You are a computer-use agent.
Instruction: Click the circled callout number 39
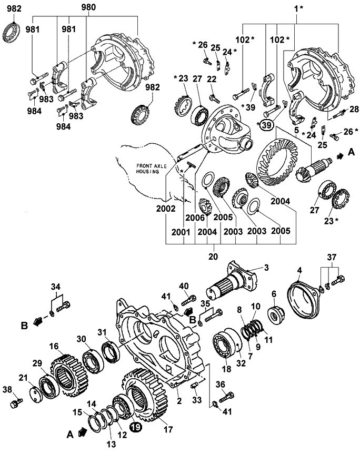pyautogui.click(x=267, y=125)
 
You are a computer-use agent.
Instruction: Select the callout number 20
pyautogui.click(x=213, y=256)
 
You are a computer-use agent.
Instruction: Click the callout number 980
pyautogui.click(x=88, y=7)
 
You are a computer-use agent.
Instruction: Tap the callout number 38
pyautogui.click(x=7, y=389)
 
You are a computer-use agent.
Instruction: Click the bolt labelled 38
pyautogui.click(x=16, y=403)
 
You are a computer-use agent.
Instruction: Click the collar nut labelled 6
pyautogui.click(x=276, y=316)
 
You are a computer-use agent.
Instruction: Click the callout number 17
pyautogui.click(x=168, y=429)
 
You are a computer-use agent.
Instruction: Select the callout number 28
pyautogui.click(x=354, y=109)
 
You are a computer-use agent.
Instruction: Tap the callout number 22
pyautogui.click(x=212, y=78)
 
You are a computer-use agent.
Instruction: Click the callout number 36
pyautogui.click(x=221, y=385)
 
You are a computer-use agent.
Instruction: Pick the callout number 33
pyautogui.click(x=197, y=400)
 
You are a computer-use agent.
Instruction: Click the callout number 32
pyautogui.click(x=241, y=362)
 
